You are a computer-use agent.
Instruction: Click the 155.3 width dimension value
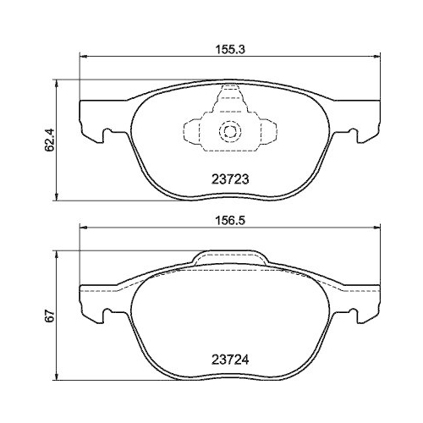224,50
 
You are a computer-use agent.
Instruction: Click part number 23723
228,179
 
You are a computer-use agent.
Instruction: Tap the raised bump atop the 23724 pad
228,257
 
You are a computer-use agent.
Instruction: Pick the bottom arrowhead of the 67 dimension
58,378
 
